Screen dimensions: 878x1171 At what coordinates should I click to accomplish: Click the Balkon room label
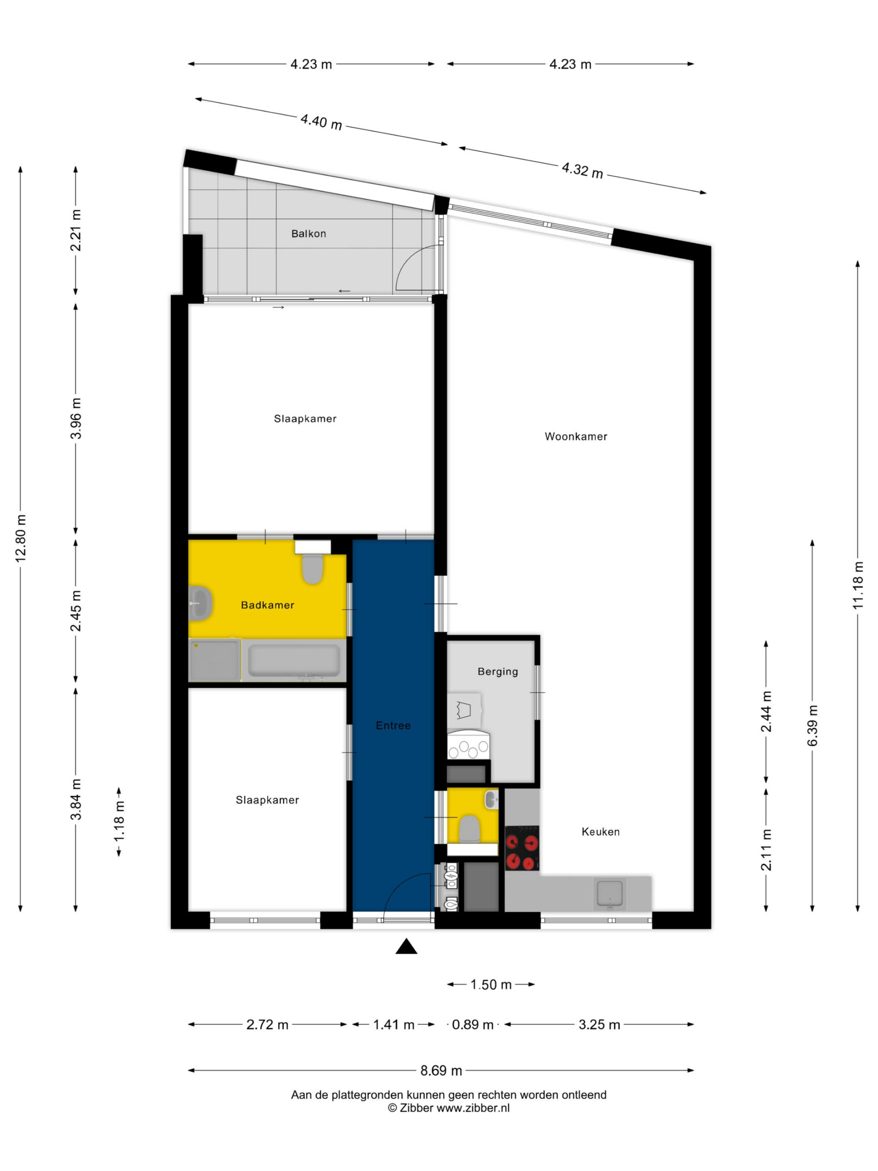pos(309,233)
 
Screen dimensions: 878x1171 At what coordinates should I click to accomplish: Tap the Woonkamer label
pos(576,436)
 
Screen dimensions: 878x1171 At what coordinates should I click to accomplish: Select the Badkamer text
pos(267,605)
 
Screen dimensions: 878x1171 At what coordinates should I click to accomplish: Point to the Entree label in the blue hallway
pos(393,725)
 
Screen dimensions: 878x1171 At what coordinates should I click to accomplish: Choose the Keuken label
pos(600,832)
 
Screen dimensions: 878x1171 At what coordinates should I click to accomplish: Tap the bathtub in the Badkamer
pos(294,660)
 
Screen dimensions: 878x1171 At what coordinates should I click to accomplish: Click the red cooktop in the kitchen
pos(522,848)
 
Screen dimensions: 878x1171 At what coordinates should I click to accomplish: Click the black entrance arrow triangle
pos(406,946)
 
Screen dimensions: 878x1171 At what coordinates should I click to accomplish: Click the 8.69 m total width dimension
pos(441,1070)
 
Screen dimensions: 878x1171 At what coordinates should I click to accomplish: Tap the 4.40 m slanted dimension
pos(321,122)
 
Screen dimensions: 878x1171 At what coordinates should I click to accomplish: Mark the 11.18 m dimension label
pos(858,585)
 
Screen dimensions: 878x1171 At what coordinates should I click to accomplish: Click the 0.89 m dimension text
pos(472,1024)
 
